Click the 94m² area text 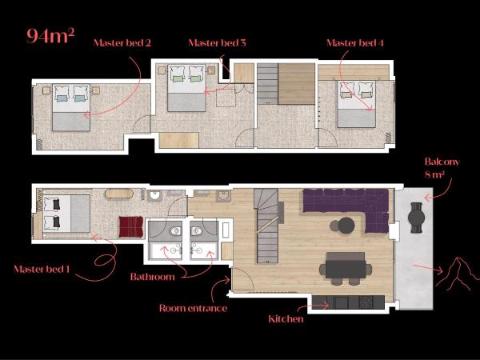50,35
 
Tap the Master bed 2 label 122,42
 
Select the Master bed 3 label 216,42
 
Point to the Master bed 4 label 355,42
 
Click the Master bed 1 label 44,269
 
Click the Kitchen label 286,319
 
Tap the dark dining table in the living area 345,266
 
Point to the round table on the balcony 416,215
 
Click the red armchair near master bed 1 130,226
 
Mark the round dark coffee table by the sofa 346,226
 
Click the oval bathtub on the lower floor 121,194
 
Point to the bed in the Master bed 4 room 357,105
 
